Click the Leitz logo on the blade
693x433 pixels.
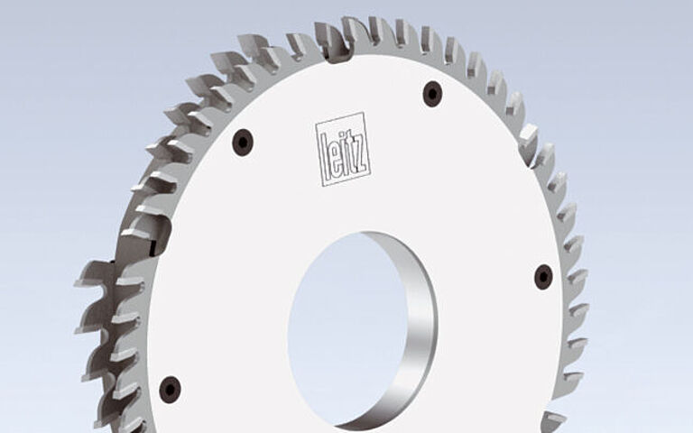point(343,149)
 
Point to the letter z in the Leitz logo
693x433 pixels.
point(360,147)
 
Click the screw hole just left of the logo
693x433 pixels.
point(242,142)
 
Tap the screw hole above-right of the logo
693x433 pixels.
point(432,92)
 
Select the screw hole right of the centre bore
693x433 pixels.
point(542,276)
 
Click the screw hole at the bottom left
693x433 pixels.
point(170,389)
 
